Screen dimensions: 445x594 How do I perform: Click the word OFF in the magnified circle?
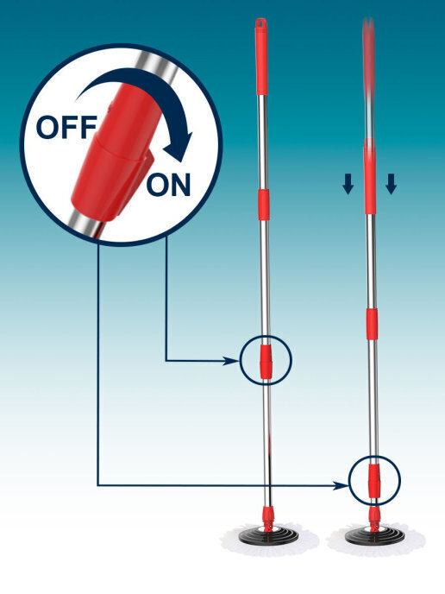(66, 127)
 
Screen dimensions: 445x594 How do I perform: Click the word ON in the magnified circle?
(168, 185)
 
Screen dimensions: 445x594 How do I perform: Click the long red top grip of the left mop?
(261, 56)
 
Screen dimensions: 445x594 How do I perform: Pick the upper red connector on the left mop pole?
(264, 205)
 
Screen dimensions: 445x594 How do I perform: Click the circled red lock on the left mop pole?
(266, 362)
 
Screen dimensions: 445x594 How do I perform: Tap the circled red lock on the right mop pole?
(373, 479)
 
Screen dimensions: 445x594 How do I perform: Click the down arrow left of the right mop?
(348, 184)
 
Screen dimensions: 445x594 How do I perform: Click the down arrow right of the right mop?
(391, 184)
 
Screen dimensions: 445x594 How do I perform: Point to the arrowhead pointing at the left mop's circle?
(231, 361)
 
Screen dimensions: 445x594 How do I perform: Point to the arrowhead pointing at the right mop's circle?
(340, 485)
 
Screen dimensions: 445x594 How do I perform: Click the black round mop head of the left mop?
(269, 535)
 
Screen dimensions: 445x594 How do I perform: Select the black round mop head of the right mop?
(374, 535)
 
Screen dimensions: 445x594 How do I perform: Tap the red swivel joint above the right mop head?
(374, 516)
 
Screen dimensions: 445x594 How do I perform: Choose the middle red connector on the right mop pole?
(372, 324)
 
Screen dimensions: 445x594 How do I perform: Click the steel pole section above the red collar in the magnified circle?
(154, 71)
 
